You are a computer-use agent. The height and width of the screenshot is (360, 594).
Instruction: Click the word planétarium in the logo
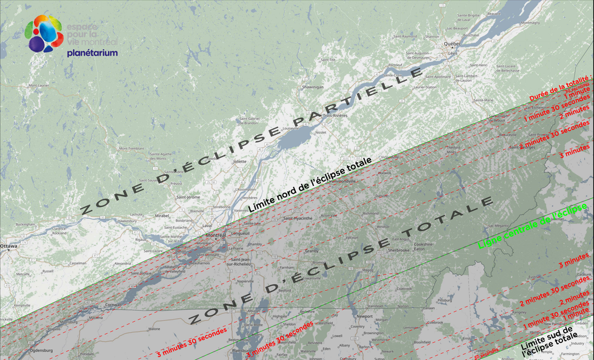[92, 53]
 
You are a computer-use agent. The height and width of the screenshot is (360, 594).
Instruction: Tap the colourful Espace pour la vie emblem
[44, 33]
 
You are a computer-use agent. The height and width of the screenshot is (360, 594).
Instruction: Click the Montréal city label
[216, 235]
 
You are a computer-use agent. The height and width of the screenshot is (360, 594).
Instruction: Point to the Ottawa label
[8, 246]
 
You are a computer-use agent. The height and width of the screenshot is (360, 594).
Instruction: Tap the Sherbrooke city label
[399, 250]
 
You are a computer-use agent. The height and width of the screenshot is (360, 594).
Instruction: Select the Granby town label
[312, 250]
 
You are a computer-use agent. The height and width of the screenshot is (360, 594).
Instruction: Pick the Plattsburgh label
[243, 350]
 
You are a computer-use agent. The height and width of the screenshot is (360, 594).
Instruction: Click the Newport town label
[365, 316]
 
